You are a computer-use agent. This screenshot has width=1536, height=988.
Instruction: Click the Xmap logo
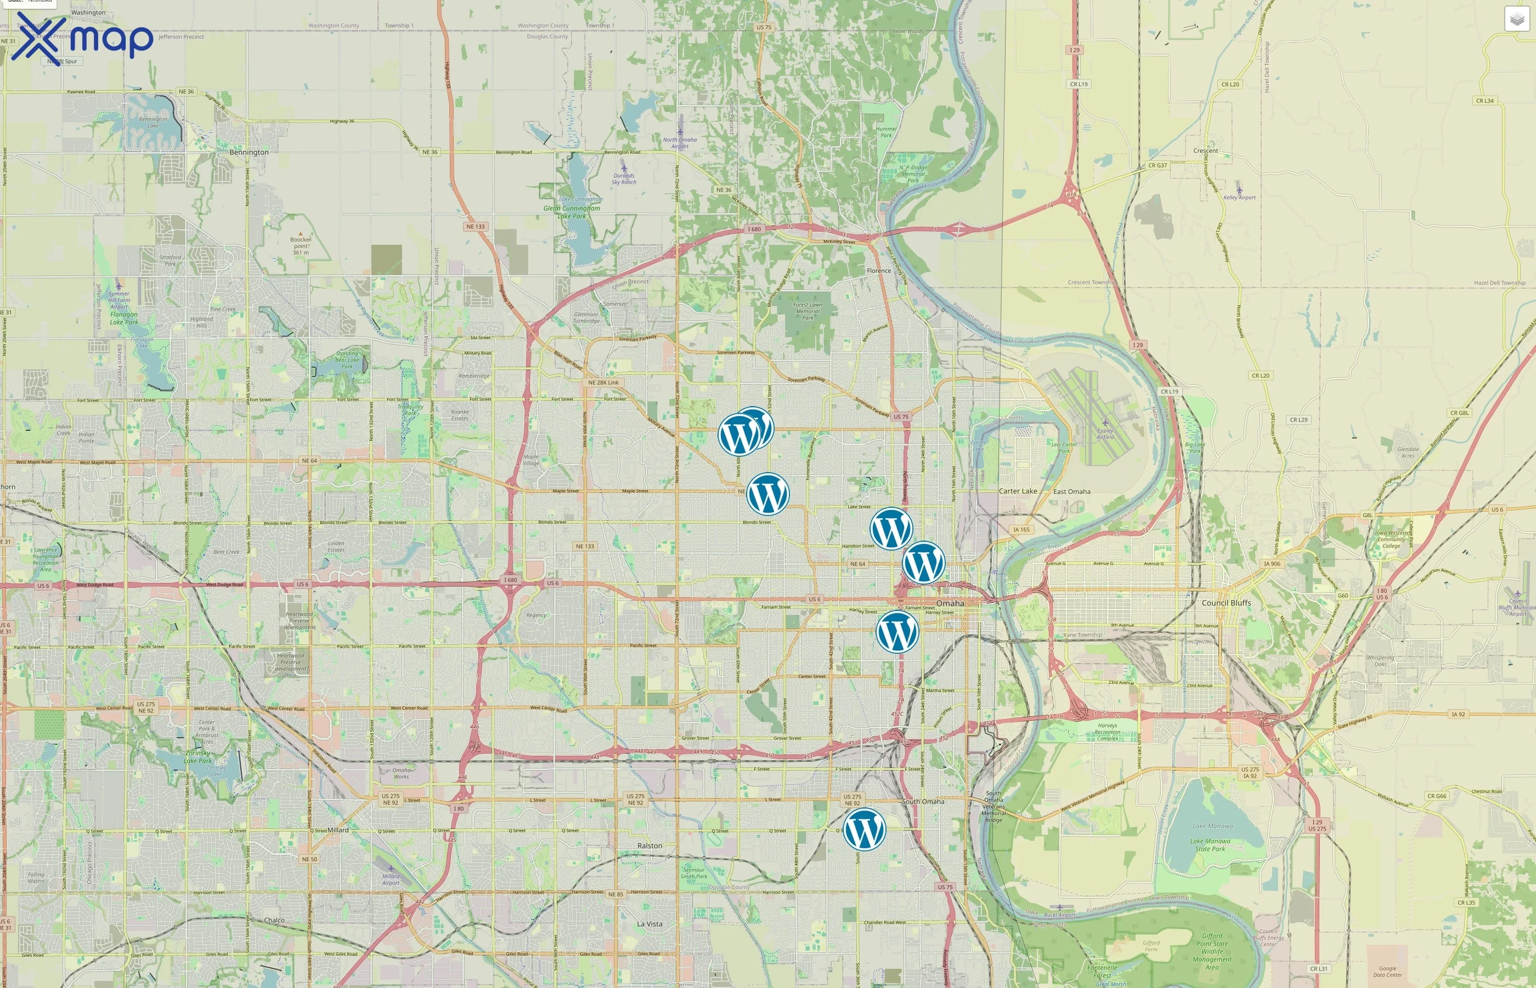coord(82,38)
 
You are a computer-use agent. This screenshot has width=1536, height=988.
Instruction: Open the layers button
coord(1517,19)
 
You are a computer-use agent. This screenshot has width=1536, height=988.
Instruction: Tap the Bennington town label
coord(249,153)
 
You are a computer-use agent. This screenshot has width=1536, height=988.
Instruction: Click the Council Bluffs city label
coord(1226,603)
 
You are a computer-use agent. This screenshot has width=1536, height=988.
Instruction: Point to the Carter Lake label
coord(1018,491)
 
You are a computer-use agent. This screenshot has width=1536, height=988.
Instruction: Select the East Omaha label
coord(1071,492)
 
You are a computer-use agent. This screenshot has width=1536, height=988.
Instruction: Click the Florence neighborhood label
coord(878,271)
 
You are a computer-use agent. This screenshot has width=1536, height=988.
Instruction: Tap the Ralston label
coord(650,846)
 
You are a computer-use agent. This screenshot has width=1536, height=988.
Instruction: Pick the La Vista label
coord(650,924)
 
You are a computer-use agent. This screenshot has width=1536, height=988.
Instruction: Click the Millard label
coord(338,830)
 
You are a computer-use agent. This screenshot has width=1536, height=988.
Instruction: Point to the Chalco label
coord(274,920)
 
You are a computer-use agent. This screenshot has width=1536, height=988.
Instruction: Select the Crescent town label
coord(1205,151)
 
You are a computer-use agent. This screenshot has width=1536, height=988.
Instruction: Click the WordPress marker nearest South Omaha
coord(863,829)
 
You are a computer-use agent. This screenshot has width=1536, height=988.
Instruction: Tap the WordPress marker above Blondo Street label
coord(767,494)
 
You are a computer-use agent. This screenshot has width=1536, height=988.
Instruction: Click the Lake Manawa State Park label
coord(1210,845)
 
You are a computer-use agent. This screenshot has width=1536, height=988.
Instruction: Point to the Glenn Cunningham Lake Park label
coord(572,212)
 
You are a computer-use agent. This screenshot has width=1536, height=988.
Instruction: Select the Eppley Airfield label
coord(1105,434)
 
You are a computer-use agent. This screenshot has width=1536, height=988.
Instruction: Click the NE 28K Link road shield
coord(603,383)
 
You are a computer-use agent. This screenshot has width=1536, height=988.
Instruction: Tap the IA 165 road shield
coord(1021,530)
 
